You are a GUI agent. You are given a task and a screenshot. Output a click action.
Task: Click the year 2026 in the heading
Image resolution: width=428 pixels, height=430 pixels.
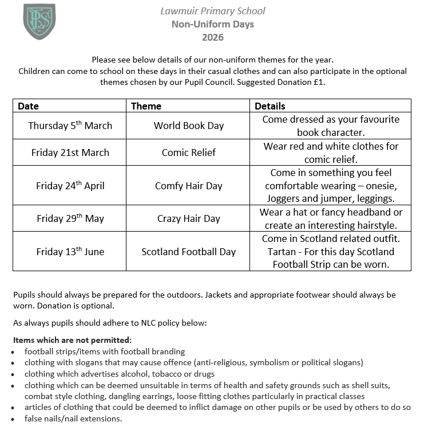point(212,38)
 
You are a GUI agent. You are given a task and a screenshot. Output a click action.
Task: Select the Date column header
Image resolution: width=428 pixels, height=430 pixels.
point(29,106)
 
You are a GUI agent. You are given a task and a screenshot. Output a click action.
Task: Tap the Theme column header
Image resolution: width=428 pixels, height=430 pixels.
point(146,106)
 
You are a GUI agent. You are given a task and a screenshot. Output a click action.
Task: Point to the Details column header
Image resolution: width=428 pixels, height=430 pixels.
point(270,106)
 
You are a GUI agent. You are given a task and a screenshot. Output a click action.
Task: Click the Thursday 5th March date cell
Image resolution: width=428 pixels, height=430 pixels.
point(70,126)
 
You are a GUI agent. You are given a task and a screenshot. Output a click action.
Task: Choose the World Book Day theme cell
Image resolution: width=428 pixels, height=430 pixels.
point(188,126)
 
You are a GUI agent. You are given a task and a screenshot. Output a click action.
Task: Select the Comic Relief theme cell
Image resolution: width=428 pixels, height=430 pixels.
point(188,153)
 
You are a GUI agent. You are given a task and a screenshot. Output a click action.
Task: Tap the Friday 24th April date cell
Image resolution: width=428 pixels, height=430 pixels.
point(70,186)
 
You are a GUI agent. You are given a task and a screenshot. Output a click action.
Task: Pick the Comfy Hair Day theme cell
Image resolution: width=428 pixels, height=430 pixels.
point(188,186)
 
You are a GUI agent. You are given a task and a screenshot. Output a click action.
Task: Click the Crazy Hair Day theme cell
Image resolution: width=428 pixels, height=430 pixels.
point(188,218)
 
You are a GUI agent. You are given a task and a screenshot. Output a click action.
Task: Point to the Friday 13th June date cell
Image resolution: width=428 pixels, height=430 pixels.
point(70,252)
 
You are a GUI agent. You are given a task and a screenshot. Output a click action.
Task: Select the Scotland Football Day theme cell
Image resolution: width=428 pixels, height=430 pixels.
point(188,252)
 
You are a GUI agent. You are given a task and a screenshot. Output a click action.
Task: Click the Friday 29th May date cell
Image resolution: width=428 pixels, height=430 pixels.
point(70,218)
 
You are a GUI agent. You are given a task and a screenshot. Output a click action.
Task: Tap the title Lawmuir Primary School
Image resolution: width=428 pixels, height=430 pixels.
point(212,11)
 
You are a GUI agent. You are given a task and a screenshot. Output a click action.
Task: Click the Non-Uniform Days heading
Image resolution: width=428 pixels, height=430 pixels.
point(212,24)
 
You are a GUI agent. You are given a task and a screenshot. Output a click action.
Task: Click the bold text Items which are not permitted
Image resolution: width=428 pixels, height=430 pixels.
point(72,340)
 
